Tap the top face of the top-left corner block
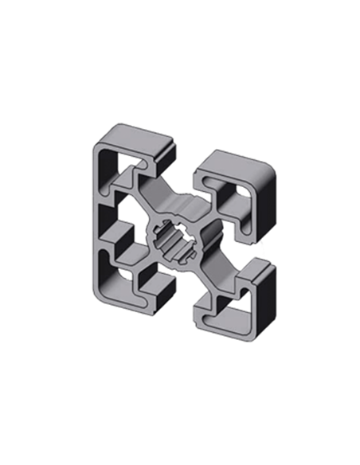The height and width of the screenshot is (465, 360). [x=134, y=138]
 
